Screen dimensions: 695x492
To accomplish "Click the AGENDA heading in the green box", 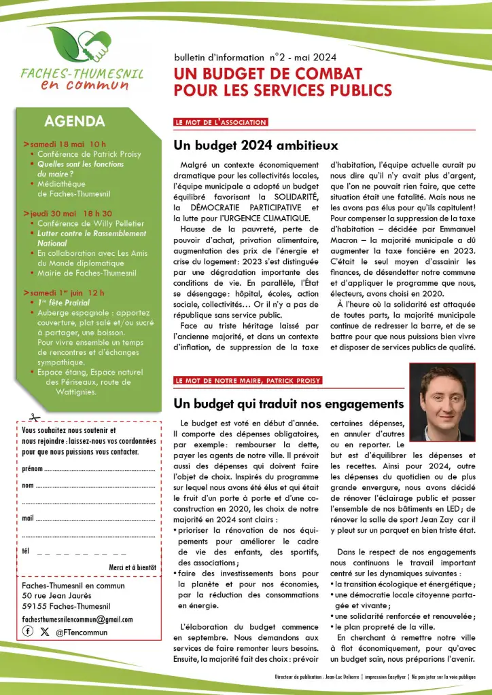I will click(74, 121).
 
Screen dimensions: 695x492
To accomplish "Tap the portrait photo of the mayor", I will click(442, 401).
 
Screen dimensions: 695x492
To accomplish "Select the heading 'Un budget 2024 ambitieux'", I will click(256, 145).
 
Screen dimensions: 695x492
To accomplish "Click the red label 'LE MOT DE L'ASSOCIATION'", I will click(220, 123).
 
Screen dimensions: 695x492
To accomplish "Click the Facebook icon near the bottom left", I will click(28, 631).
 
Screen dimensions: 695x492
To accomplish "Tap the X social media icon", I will click(45, 631).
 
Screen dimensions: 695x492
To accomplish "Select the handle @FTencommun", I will click(82, 632).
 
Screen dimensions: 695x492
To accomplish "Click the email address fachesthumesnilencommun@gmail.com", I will click(77, 619).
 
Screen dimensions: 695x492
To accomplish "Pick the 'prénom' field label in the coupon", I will click(32, 469).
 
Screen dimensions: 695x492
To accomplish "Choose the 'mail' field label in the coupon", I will click(28, 518).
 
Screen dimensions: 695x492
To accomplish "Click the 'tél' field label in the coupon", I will click(27, 550).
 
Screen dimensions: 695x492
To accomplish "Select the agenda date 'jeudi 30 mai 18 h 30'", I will click(71, 213).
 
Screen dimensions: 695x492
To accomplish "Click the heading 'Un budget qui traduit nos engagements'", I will click(289, 404).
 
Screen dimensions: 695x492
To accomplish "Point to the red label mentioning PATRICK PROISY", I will click(247, 381).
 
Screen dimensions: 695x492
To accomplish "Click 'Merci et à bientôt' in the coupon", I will click(133, 567).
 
